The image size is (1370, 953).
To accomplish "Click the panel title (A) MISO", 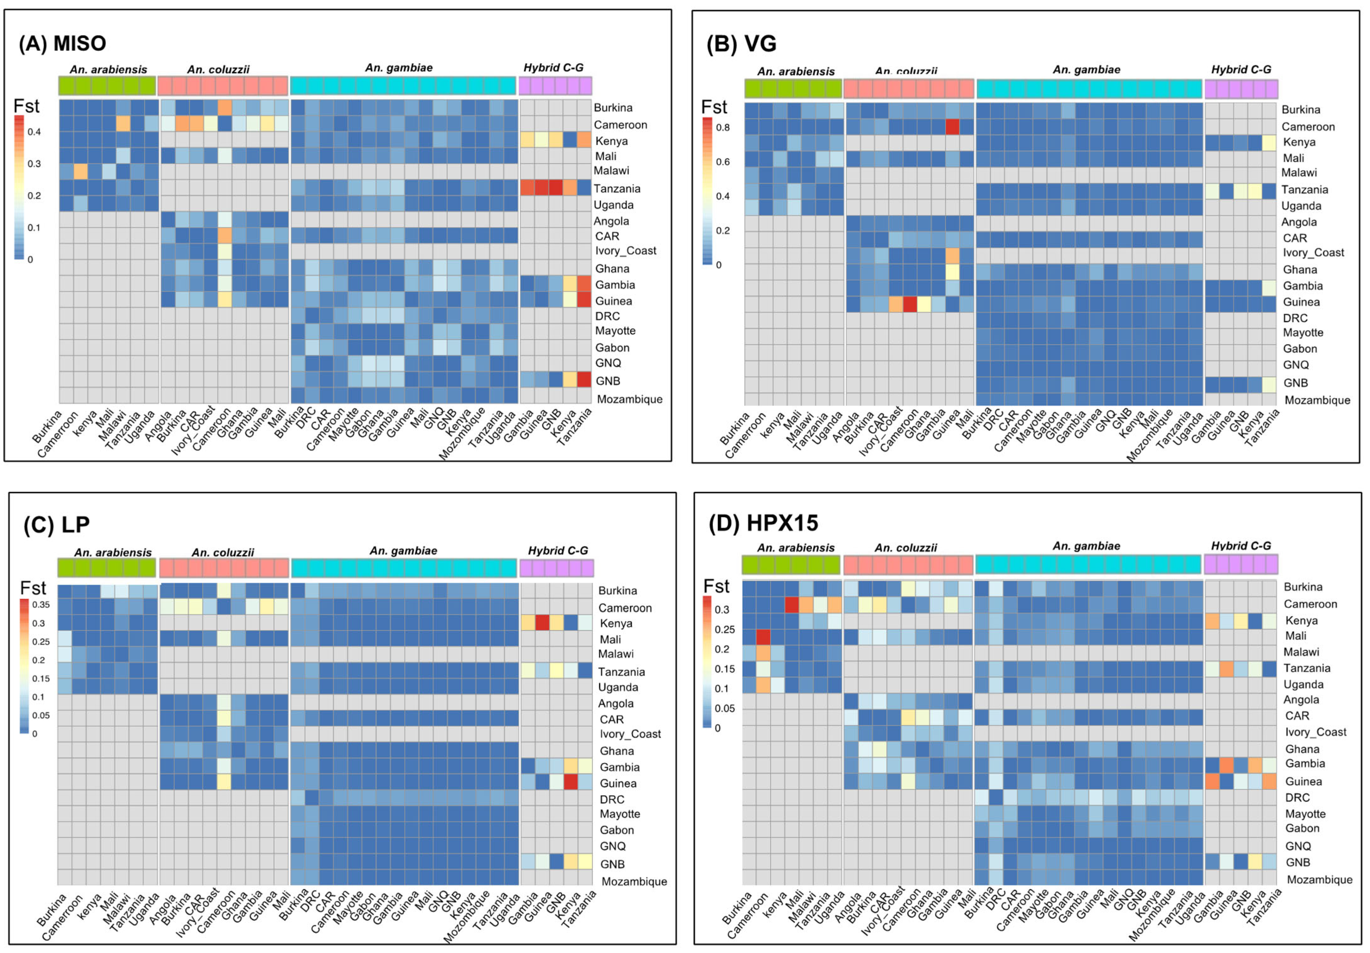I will click(62, 44).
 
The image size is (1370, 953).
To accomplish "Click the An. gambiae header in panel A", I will click(399, 68).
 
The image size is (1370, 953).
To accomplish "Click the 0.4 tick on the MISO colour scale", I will click(34, 132).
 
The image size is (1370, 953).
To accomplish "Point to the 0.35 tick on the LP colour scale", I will click(41, 605).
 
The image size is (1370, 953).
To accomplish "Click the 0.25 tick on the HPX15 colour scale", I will click(725, 629).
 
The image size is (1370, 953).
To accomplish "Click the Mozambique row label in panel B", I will click(1317, 400).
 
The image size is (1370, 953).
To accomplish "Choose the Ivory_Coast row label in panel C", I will click(630, 734).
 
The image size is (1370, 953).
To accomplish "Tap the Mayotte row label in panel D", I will click(1305, 814).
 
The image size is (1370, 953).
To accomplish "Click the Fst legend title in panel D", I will click(716, 587).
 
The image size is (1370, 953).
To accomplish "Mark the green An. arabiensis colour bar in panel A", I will click(107, 86).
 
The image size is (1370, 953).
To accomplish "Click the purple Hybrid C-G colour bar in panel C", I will click(556, 568).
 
